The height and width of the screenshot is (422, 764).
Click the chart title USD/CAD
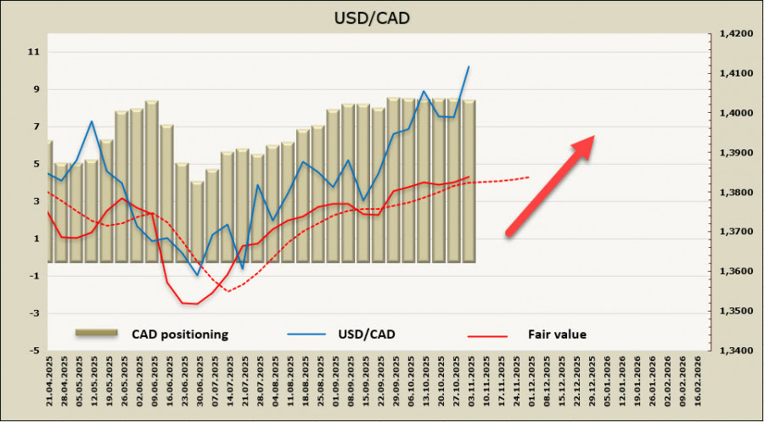click(382, 16)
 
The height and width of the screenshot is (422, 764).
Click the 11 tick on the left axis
click(35, 52)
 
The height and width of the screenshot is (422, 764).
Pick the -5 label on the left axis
click(34, 350)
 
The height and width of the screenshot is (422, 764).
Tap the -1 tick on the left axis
click(34, 276)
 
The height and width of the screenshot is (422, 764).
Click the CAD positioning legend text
click(180, 335)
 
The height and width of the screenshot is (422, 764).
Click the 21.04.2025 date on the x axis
click(48, 382)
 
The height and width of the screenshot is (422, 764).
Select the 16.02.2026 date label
click(699, 382)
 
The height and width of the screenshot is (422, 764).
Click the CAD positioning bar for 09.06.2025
click(152, 183)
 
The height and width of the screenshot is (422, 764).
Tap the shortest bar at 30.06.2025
click(197, 221)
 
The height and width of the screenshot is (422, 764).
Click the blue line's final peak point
click(469, 66)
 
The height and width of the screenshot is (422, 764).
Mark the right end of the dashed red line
click(530, 177)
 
